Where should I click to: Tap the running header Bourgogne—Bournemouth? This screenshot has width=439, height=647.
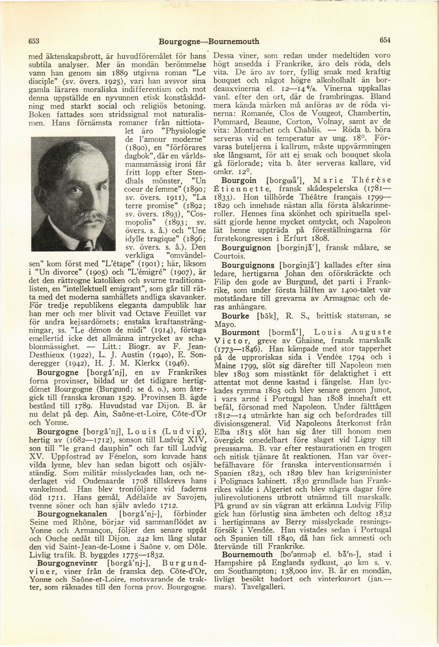(x=209, y=42)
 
